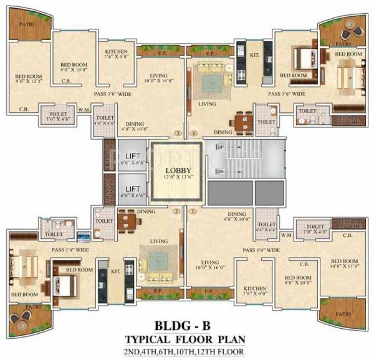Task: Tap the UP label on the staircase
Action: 220,147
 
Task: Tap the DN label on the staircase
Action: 220,171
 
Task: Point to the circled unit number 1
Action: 193,211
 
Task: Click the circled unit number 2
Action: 178,211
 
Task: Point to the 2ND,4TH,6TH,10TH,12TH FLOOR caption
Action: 186,352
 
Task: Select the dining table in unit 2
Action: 127,219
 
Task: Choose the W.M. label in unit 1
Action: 287,235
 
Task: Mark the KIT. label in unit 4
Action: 254,55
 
